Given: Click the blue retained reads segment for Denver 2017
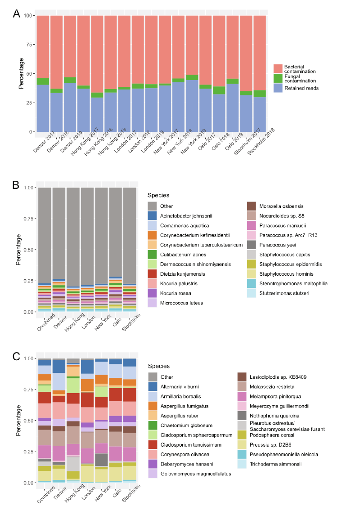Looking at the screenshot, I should click(x=43, y=108).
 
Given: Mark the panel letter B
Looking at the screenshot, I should click(x=16, y=184).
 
